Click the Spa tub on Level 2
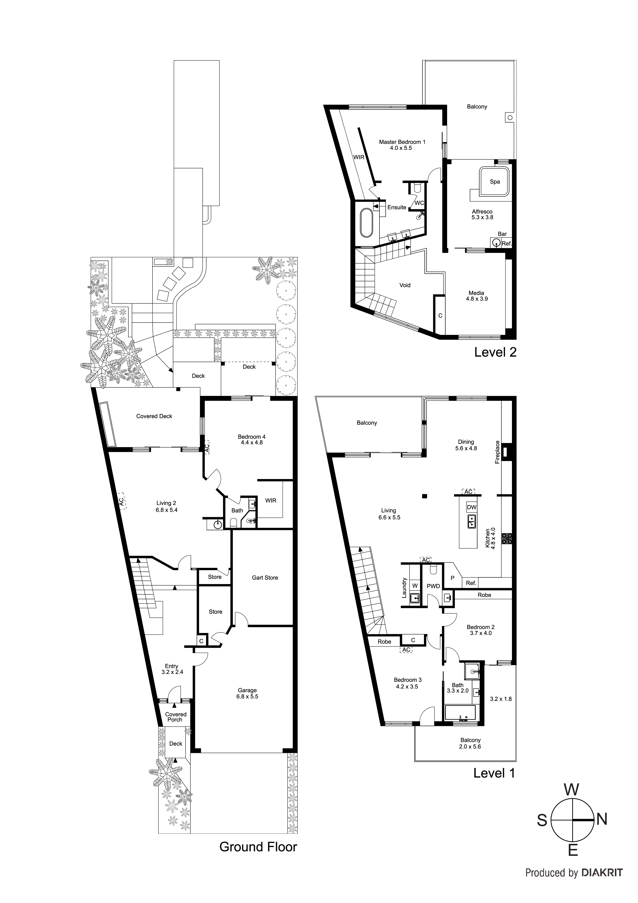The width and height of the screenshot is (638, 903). [494, 182]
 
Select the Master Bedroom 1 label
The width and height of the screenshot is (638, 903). [402, 142]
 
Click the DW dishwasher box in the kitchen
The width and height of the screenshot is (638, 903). [471, 507]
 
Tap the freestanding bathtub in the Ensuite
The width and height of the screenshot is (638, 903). [366, 223]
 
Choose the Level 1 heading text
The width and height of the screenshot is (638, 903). [494, 773]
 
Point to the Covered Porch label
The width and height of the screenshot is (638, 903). [175, 717]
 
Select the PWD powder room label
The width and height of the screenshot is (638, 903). [433, 586]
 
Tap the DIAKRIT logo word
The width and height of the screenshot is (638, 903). [602, 873]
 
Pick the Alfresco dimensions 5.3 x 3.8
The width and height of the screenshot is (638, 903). [482, 217]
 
